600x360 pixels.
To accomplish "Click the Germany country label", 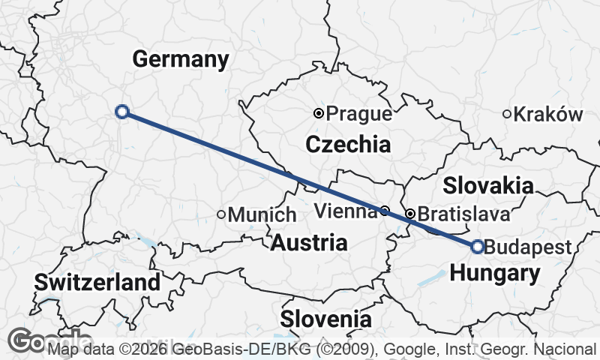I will click(181, 60).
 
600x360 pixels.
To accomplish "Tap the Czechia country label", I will click(347, 144).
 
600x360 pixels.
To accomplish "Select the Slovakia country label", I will click(488, 186).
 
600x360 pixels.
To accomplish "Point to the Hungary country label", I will click(494, 274).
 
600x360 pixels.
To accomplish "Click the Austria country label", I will click(309, 243).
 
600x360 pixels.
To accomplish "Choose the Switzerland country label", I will click(97, 283).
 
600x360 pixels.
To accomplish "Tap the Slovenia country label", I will click(325, 319).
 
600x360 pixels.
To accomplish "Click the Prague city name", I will click(360, 114).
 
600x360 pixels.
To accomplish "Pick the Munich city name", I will click(262, 214).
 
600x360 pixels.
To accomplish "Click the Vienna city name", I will click(346, 211).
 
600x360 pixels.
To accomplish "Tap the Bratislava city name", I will click(463, 214).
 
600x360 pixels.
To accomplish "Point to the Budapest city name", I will click(529, 247).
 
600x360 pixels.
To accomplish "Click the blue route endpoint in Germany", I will click(122, 112).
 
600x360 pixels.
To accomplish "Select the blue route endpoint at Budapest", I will click(478, 247).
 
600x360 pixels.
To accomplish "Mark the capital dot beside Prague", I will click(319, 113).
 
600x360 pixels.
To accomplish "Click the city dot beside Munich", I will click(221, 214).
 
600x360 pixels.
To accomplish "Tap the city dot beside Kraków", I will click(507, 114).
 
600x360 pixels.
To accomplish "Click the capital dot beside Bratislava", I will click(410, 214).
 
